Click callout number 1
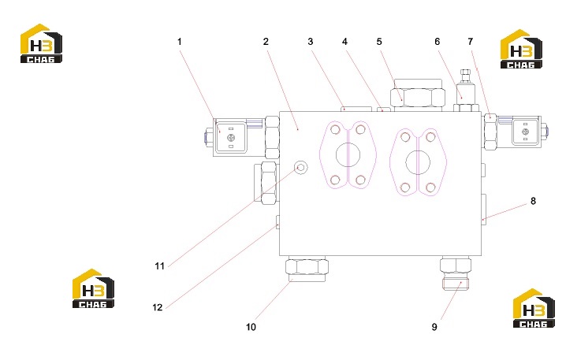point(180,42)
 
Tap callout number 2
point(266,42)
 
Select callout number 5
point(379,42)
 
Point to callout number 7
point(470,42)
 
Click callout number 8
point(533,202)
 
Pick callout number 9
point(434,327)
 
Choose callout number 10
point(251,327)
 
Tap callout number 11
point(159,265)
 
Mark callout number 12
point(158,307)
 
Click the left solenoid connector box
point(230,137)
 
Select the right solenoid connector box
point(525,132)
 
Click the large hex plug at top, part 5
point(418,97)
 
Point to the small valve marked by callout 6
point(466,90)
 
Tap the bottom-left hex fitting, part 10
point(307,269)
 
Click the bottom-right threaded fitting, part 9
point(456,273)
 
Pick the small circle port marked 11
point(300,167)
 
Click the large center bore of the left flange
point(348,154)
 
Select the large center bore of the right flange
point(418,162)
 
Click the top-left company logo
point(41,43)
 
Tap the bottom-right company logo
point(534,308)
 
